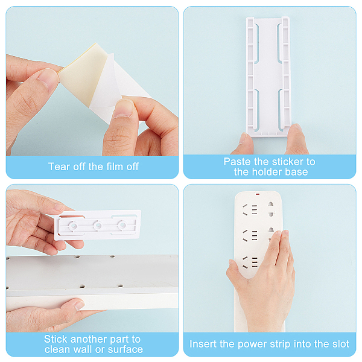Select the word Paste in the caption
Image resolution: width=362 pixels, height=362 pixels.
click(x=237, y=162)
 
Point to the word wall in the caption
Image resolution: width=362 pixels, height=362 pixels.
click(x=84, y=349)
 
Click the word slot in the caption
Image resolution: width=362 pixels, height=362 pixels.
click(x=340, y=344)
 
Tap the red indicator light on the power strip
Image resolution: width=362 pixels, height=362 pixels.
click(x=258, y=194)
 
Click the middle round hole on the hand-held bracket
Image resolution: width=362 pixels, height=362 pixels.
click(x=97, y=225)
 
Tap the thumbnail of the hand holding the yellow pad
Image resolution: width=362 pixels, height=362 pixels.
click(x=48, y=79)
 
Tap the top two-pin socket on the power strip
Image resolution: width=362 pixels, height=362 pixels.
click(x=271, y=209)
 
